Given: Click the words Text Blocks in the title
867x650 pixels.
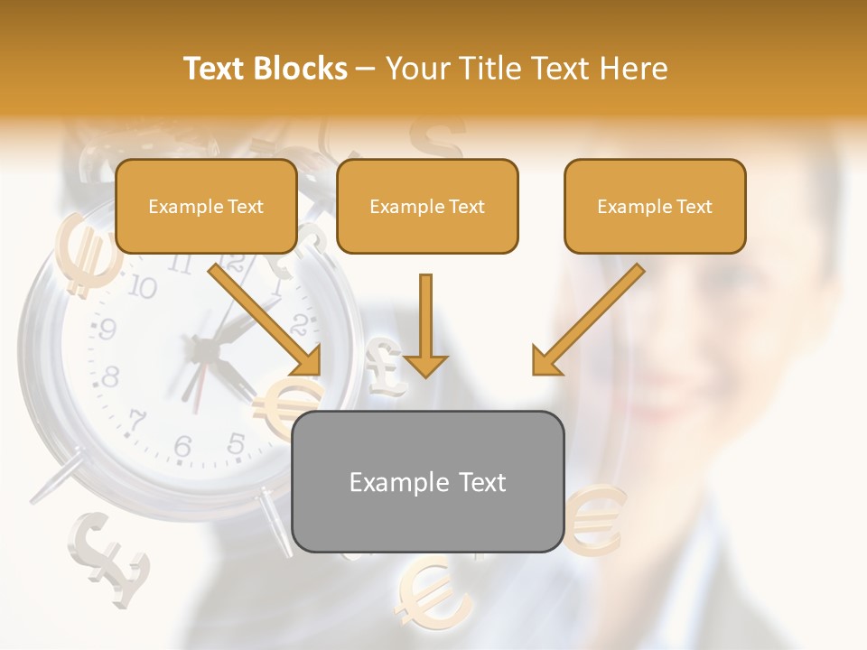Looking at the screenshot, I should click(265, 69).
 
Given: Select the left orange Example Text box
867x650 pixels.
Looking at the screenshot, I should click(206, 206).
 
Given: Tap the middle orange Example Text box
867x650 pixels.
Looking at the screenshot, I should click(427, 206).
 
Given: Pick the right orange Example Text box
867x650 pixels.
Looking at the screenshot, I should click(655, 206).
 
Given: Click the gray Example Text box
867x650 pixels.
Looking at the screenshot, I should click(427, 482).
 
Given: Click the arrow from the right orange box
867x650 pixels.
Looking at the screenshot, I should click(587, 320).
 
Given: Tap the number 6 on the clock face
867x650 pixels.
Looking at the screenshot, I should click(183, 446).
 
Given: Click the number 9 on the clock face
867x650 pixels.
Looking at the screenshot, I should click(107, 330).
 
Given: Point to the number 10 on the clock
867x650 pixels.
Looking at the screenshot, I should click(142, 288).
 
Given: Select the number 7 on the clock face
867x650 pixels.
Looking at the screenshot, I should click(137, 420).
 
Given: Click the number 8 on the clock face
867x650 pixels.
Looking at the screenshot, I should click(110, 376).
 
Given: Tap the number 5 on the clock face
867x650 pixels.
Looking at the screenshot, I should click(236, 443).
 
